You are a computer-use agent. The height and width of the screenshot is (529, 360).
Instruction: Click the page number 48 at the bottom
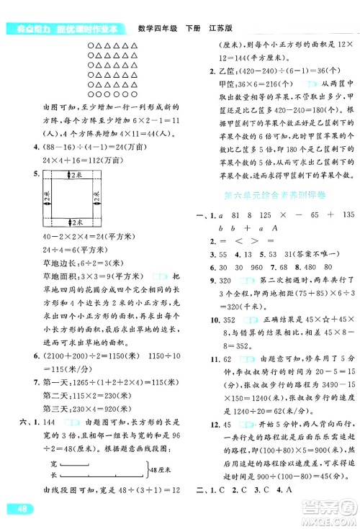(x=21, y=509)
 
